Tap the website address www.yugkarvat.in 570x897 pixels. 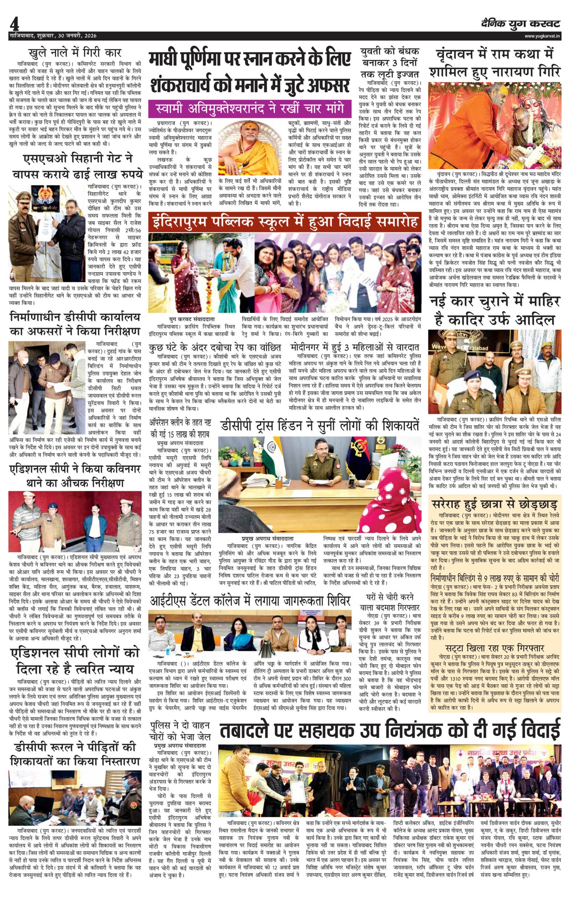[542, 36]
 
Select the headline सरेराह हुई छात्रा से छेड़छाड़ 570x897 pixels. [494, 505]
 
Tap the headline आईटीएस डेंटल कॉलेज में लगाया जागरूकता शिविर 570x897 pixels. [250, 601]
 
